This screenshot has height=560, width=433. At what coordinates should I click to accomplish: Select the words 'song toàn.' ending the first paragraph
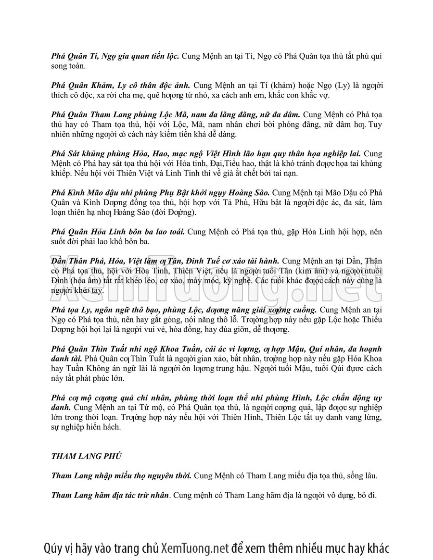coord(68,65)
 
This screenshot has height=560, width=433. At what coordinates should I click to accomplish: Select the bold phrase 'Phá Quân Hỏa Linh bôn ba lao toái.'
coord(118,231)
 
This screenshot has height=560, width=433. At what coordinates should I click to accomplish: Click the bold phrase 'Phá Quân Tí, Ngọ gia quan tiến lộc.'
coord(115,56)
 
